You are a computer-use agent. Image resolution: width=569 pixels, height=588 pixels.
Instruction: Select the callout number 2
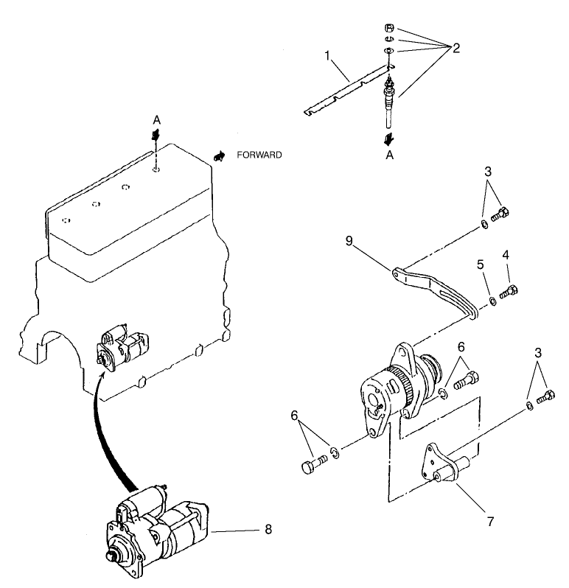[x=456, y=49]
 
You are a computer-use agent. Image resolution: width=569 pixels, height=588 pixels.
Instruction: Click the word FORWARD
[x=259, y=155]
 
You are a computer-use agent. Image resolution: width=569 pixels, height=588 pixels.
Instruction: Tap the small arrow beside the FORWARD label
[x=219, y=155]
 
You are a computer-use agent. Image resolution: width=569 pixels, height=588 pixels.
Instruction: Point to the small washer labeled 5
[x=492, y=301]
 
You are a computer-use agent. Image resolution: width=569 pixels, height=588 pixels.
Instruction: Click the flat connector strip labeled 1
[x=346, y=93]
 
